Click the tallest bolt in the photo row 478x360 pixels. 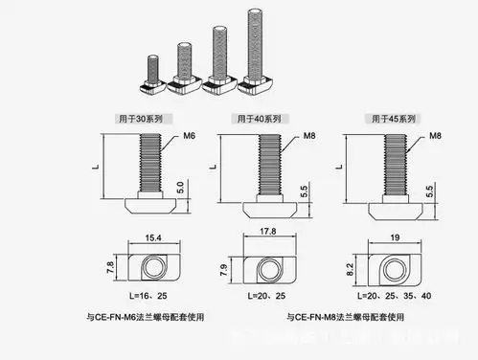(255, 53)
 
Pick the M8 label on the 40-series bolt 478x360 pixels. (296, 138)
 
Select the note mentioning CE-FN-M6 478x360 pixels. (146, 315)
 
